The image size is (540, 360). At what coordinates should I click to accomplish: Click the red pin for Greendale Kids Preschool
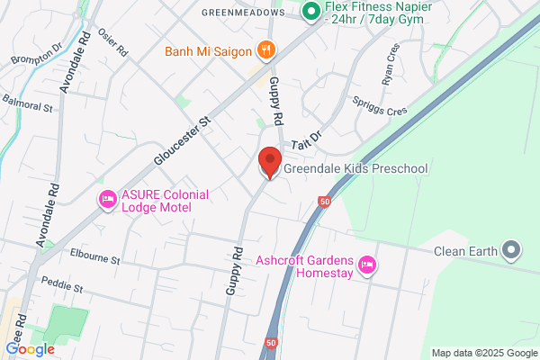(x=268, y=160)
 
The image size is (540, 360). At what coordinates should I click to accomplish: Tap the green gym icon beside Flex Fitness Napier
(x=311, y=13)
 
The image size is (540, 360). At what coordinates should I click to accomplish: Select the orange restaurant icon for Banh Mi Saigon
(x=265, y=50)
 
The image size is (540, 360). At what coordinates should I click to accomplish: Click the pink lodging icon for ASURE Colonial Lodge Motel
(x=107, y=199)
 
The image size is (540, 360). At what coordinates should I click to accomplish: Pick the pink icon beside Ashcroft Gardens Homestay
(x=366, y=265)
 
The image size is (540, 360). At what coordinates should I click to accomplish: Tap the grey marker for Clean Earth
(x=512, y=250)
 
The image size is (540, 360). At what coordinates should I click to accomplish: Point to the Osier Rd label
(x=112, y=42)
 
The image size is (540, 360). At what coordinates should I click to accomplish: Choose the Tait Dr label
(x=306, y=139)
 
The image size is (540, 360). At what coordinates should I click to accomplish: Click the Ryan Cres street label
(x=390, y=64)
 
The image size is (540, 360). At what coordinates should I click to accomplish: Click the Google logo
(x=30, y=348)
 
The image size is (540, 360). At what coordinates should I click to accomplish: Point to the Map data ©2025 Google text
(x=481, y=352)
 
